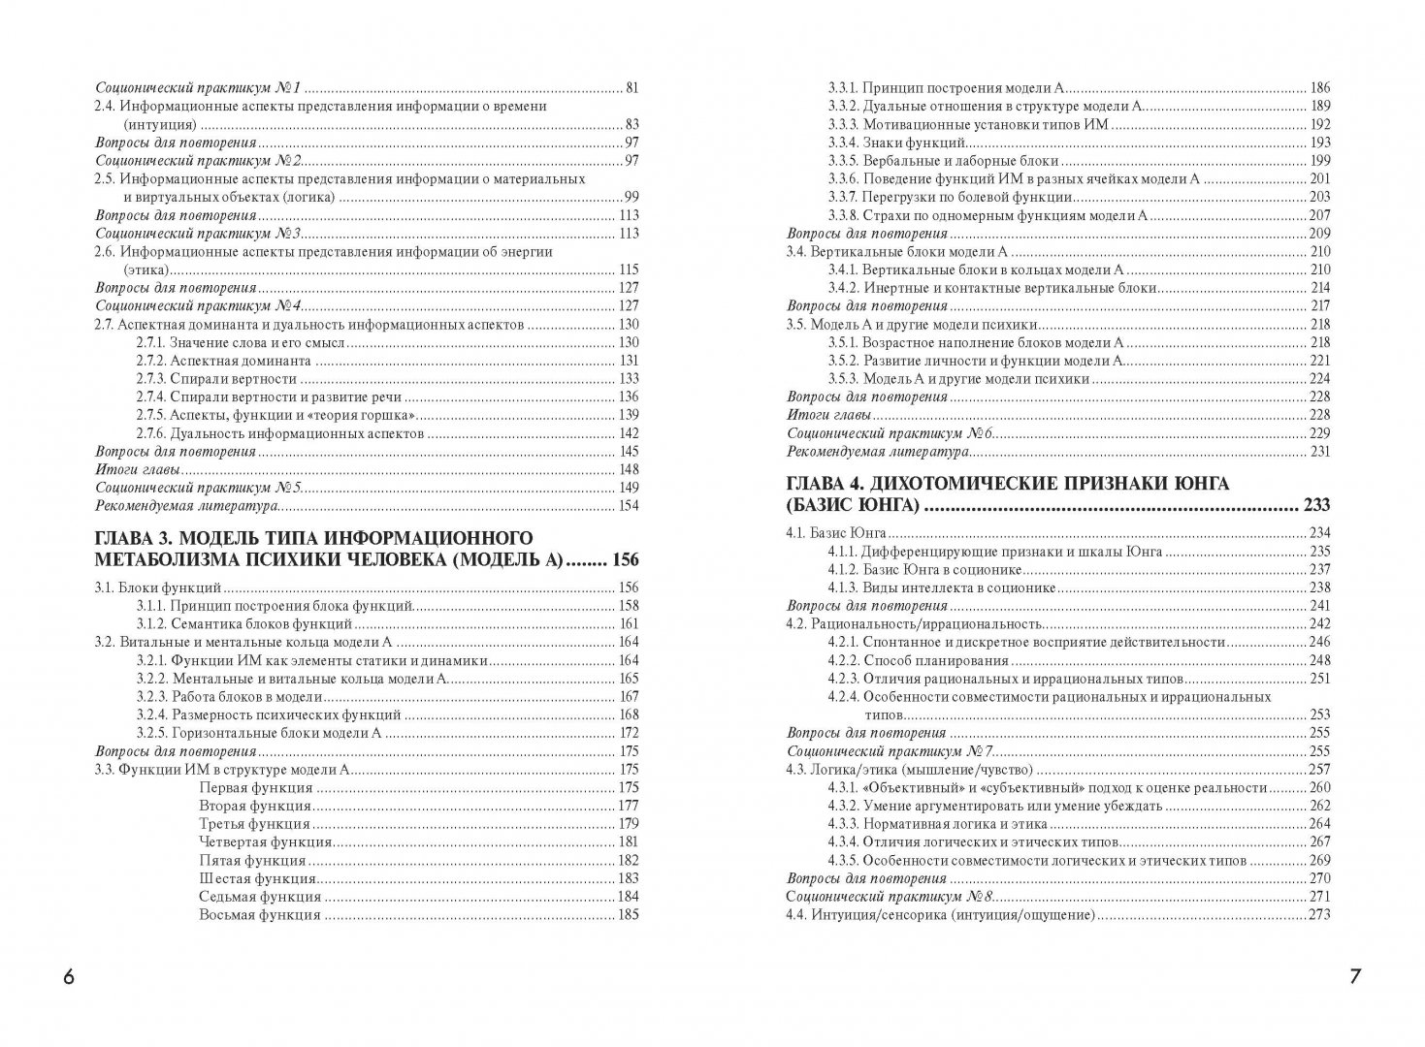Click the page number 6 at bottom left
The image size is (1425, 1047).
69,977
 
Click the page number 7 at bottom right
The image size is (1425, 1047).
1355,977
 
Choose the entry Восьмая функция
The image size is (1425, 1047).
260,914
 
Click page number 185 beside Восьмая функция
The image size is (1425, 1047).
628,914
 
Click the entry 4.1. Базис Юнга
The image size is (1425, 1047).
838,532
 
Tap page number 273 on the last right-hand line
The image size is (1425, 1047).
1317,915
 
